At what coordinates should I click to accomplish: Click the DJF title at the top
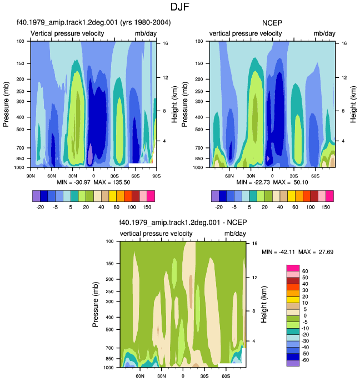[x=179, y=7]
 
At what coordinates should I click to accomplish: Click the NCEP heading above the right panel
[x=272, y=23]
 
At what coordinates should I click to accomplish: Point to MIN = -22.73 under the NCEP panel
[x=253, y=182]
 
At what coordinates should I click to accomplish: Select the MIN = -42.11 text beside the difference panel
[x=278, y=252]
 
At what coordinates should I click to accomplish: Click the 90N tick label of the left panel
[x=31, y=176]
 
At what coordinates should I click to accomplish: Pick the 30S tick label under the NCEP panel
[x=293, y=176]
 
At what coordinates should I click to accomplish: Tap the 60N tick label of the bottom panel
[x=140, y=376]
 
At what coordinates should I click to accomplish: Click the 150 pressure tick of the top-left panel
[x=21, y=63]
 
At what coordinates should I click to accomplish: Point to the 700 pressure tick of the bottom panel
[x=110, y=348]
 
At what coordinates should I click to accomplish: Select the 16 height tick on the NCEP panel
[x=344, y=43]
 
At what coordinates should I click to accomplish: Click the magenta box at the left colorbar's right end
[x=151, y=196]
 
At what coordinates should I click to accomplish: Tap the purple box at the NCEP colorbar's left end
[x=215, y=196]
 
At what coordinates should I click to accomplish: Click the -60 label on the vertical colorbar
[x=305, y=360]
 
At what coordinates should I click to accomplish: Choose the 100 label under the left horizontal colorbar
[x=132, y=207]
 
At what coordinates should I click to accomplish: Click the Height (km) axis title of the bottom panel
[x=264, y=304]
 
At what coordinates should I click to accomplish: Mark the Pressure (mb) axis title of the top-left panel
[x=6, y=105]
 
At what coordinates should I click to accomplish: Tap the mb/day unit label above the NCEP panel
[x=324, y=33]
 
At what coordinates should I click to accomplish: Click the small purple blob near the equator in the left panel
[x=90, y=154]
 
